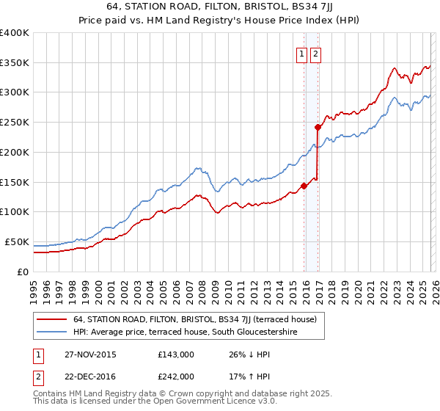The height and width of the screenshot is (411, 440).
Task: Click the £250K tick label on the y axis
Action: pyautogui.click(x=15, y=123)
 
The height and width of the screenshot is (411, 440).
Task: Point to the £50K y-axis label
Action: pyautogui.click(x=17, y=241)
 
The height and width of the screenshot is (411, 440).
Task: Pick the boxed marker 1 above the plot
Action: pyautogui.click(x=301, y=54)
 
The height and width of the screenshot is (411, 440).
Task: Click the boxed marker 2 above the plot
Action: pyautogui.click(x=315, y=54)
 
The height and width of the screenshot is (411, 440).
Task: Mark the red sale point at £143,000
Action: pyautogui.click(x=304, y=186)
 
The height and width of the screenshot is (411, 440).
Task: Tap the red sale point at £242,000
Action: pyautogui.click(x=318, y=127)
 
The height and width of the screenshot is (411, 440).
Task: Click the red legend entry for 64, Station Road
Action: pyautogui.click(x=194, y=319)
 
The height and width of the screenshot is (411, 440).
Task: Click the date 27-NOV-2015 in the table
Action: pyautogui.click(x=89, y=354)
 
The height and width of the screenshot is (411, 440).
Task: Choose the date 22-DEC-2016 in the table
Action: pyautogui.click(x=89, y=376)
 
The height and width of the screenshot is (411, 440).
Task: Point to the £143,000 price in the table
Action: pyautogui.click(x=176, y=354)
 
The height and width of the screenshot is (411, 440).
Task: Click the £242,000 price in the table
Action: pyautogui.click(x=176, y=376)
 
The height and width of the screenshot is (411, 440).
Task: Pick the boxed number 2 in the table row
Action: pyautogui.click(x=37, y=376)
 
